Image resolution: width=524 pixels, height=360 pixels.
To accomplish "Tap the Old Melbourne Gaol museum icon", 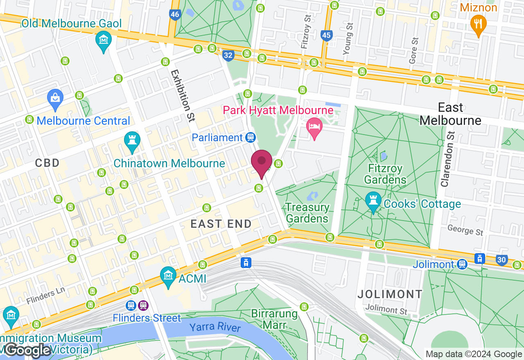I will (x=104, y=40).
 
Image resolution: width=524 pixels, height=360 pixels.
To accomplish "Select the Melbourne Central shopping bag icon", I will (x=55, y=99).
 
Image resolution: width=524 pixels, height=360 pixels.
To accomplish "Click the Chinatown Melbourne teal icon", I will (x=132, y=141).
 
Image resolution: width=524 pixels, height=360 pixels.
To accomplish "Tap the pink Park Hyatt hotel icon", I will (x=314, y=126).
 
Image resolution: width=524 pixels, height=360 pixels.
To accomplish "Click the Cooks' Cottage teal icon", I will (x=373, y=202).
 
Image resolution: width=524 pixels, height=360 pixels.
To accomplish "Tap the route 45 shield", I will (x=326, y=36).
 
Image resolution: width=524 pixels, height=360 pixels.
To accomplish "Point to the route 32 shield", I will (x=228, y=55).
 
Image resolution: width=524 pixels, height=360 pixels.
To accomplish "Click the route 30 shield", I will (x=501, y=259).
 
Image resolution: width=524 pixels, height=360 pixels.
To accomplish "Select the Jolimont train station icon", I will (x=462, y=264).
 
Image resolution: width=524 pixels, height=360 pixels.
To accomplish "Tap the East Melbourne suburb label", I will (x=450, y=114).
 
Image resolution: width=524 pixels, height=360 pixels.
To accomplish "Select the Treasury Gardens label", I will (x=307, y=213).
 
